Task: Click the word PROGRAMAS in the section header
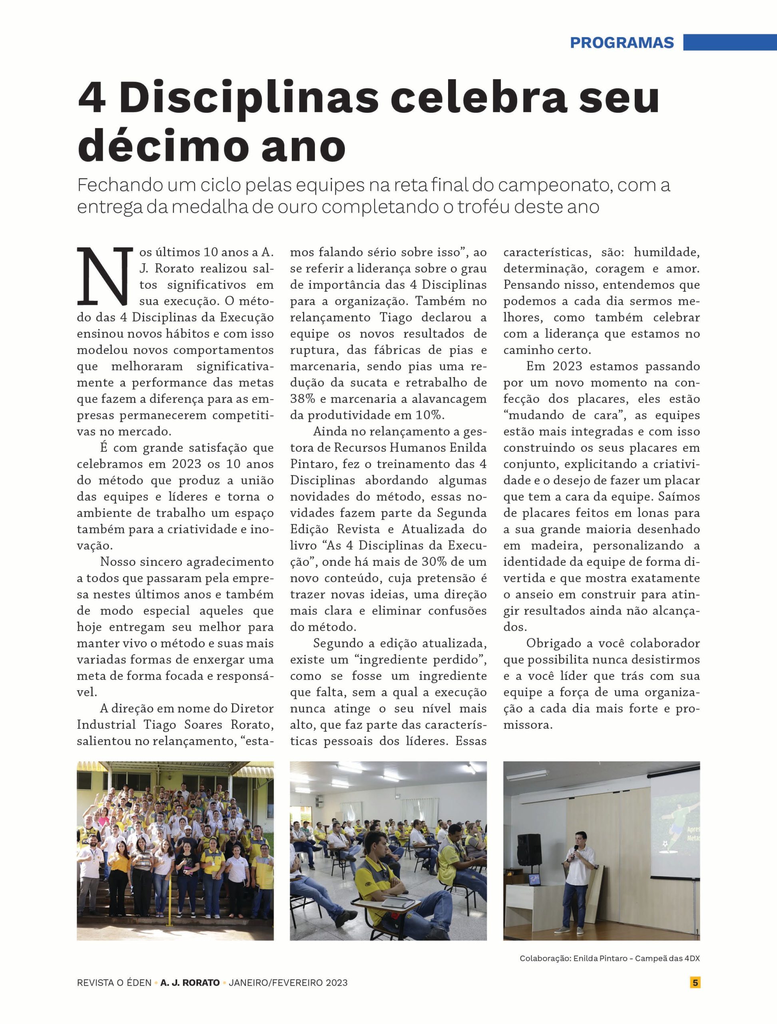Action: click(x=622, y=42)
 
